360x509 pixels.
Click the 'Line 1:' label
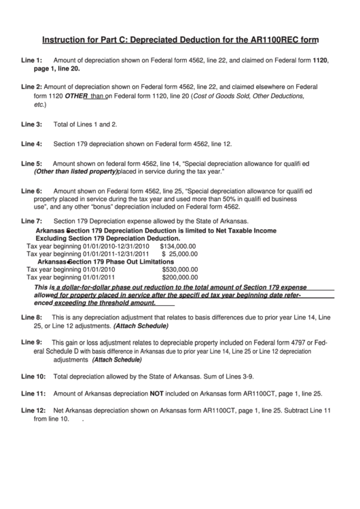pyautogui.click(x=31, y=60)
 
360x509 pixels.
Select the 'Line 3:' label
pyautogui.click(x=31, y=124)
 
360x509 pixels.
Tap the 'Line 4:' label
pyautogui.click(x=31, y=144)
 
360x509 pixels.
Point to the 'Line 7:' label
pyautogui.click(x=31, y=222)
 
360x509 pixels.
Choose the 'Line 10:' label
pyautogui.click(x=33, y=376)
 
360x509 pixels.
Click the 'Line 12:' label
pyautogui.click(x=33, y=410)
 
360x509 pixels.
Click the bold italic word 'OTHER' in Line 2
pyautogui.click(x=77, y=96)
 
